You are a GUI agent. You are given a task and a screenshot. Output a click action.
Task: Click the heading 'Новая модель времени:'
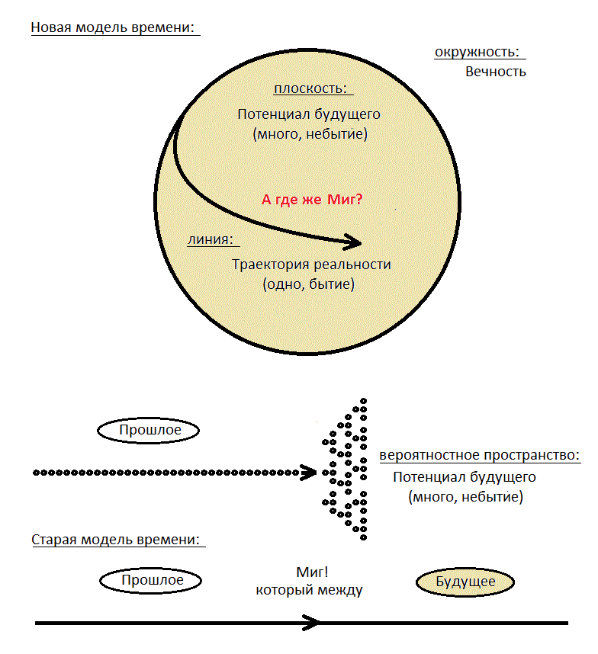(113, 27)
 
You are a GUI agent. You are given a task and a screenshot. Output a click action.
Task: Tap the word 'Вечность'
(495, 72)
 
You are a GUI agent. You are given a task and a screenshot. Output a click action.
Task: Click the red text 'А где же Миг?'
(312, 200)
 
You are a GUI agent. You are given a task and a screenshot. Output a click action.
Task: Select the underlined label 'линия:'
(211, 239)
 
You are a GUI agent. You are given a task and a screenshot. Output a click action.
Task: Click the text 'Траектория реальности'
(311, 264)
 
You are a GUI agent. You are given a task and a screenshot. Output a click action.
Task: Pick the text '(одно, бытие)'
(308, 284)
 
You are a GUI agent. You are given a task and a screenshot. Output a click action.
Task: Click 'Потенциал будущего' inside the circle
(309, 114)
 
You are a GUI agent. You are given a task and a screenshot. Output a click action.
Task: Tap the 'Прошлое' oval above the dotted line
(148, 430)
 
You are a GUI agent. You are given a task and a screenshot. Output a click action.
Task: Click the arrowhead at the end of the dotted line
(310, 473)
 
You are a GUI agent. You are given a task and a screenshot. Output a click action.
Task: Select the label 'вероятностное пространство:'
(480, 455)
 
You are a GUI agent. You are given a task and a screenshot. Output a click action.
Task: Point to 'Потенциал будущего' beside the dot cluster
(465, 477)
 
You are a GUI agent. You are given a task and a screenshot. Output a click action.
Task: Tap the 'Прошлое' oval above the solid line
(151, 581)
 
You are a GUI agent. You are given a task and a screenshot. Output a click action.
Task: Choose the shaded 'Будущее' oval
(465, 582)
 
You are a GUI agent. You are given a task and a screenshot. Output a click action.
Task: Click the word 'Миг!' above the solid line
(312, 572)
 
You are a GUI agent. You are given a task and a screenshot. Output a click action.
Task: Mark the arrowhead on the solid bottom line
(312, 623)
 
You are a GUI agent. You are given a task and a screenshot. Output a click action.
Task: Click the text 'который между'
(309, 590)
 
